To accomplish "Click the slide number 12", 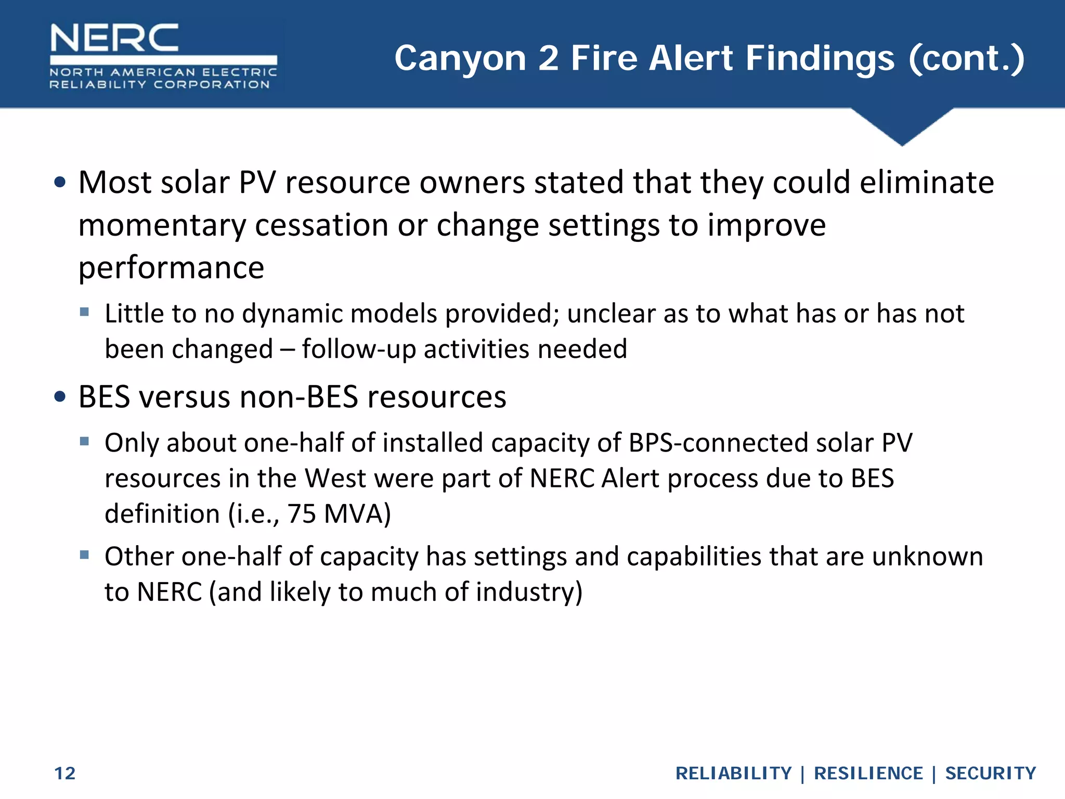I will pyautogui.click(x=65, y=774).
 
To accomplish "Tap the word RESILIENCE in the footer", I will pyautogui.click(x=868, y=774).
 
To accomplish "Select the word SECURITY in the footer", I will pyautogui.click(x=991, y=774).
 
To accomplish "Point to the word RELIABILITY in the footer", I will pyautogui.click(x=733, y=774).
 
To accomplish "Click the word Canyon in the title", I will pyautogui.click(x=460, y=58).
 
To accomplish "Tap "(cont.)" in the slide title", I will pyautogui.click(x=966, y=58).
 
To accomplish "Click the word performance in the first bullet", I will pyautogui.click(x=171, y=268).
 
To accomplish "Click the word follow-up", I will pyautogui.click(x=359, y=349).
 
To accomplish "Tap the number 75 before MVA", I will pyautogui.click(x=302, y=514).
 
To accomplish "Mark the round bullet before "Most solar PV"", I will pyautogui.click(x=60, y=182).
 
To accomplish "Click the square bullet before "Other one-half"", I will pyautogui.click(x=84, y=555).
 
